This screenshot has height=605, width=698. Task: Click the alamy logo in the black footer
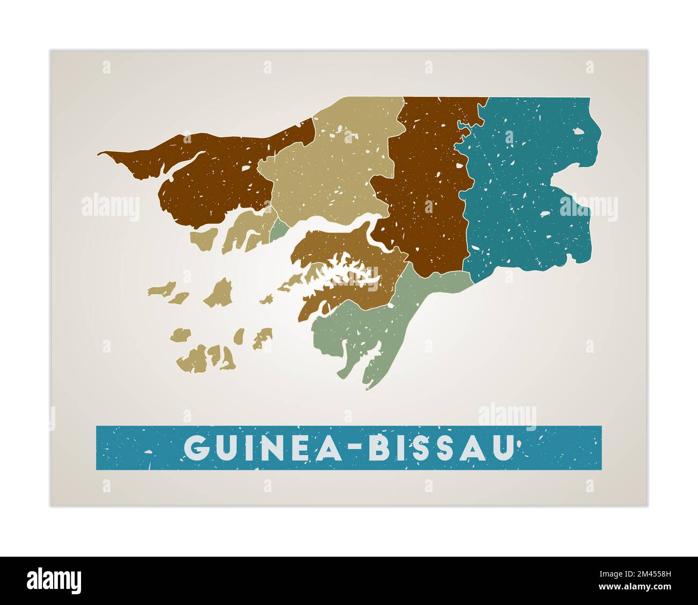pos(54,580)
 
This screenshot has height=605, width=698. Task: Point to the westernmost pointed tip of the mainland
pos(99,154)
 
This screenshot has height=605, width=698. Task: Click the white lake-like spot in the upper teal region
pos(578,130)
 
